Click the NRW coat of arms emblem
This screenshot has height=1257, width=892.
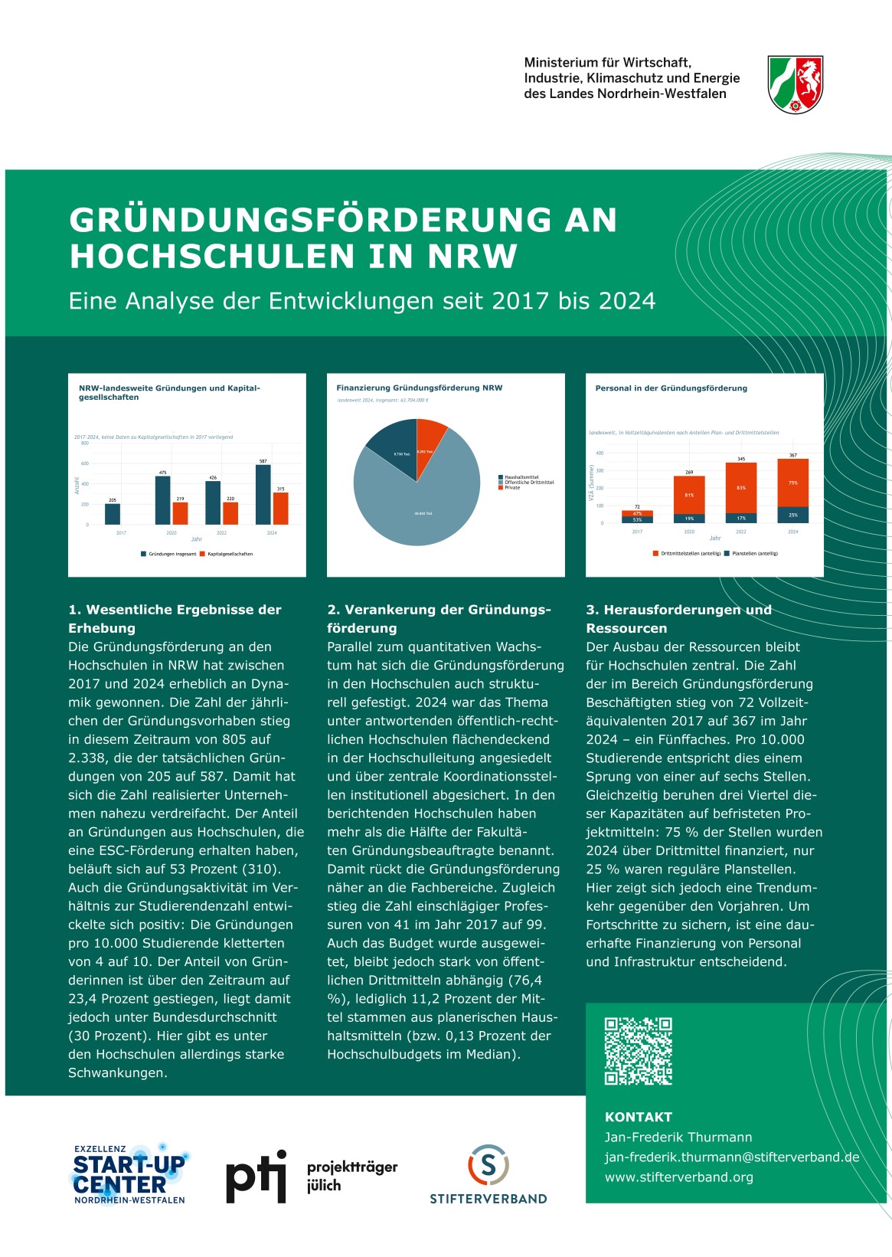click(x=795, y=84)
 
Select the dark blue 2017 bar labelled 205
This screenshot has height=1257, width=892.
click(x=113, y=514)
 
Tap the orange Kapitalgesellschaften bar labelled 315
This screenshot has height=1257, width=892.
click(x=281, y=509)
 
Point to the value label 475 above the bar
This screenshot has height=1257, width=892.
click(x=162, y=473)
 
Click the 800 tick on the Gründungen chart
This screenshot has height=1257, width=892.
click(x=85, y=444)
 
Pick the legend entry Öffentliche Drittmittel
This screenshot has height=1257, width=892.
click(x=528, y=483)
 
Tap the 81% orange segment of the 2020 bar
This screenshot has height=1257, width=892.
click(x=689, y=495)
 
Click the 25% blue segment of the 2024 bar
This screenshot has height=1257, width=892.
click(x=792, y=515)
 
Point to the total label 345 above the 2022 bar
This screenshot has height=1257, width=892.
click(x=741, y=459)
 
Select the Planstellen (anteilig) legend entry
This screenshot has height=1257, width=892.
click(x=754, y=553)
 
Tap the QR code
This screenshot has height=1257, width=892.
click(x=638, y=1051)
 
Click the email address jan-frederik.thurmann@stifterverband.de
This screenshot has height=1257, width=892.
click(x=731, y=1157)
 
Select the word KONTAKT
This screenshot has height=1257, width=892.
click(x=638, y=1117)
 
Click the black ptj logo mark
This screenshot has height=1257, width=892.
click(x=256, y=1177)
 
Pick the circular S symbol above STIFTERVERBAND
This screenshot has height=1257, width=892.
click(x=488, y=1166)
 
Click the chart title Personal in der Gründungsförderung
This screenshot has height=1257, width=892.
click(x=671, y=388)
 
